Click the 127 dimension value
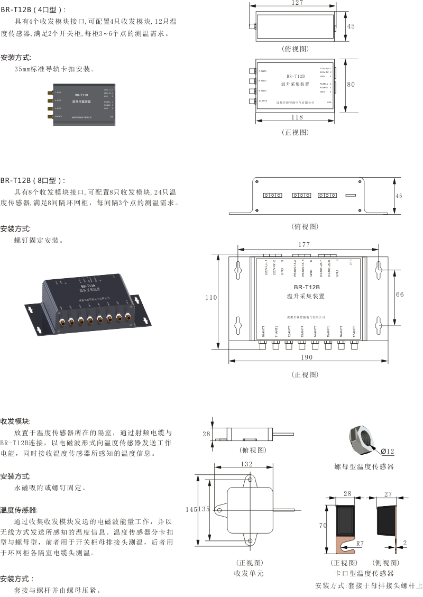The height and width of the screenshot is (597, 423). point(297,3)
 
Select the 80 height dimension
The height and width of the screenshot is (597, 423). point(351,84)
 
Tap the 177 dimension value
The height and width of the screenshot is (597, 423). point(304,245)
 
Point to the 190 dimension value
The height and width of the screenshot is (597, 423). point(306,357)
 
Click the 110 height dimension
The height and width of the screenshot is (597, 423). point(212,298)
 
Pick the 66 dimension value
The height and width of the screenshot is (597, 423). point(400,294)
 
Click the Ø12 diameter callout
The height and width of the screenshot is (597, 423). point(388,451)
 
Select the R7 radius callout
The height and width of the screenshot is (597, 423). point(360,543)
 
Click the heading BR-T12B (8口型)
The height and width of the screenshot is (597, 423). point(34,180)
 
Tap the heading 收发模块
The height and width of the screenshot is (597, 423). point(15,421)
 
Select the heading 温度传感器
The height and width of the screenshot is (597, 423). point(19,510)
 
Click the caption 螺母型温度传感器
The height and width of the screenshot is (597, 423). point(364,466)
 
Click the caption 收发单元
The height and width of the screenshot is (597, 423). point(249,573)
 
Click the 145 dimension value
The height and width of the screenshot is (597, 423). point(190,509)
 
